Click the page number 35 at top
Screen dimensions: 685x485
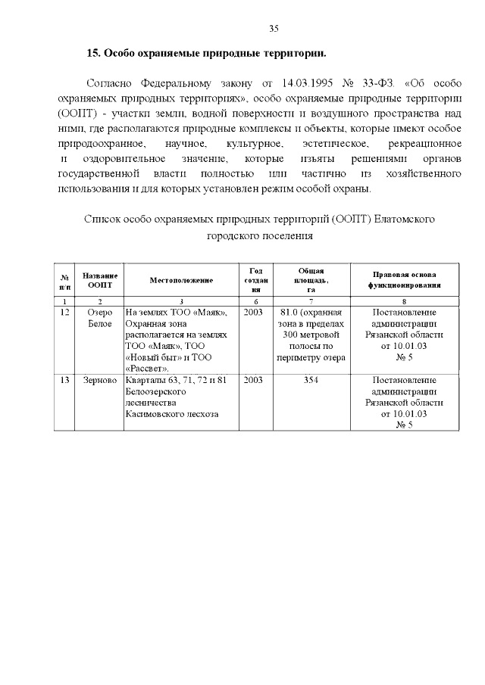pos(274,29)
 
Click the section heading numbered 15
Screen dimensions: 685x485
pos(207,54)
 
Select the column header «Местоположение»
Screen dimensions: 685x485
pos(181,280)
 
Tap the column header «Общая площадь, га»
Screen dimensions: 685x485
pos(311,280)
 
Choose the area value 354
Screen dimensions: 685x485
pos(311,380)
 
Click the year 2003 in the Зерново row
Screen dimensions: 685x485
pos(255,380)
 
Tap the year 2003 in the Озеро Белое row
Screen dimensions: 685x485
pos(255,312)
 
